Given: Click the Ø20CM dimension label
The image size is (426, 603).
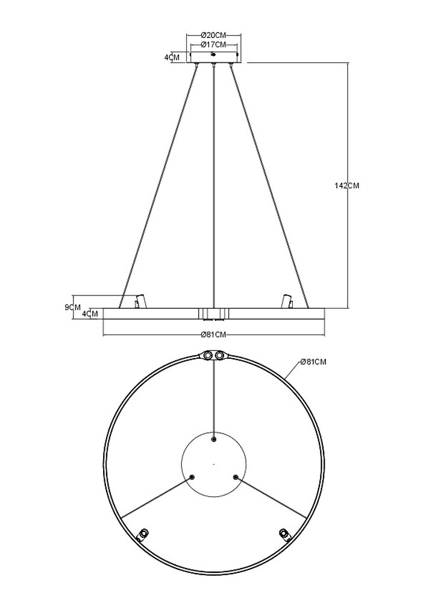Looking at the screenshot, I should (213, 35).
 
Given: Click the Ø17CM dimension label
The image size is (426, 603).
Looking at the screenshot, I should (213, 45).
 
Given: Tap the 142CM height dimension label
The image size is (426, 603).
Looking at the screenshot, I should (346, 186).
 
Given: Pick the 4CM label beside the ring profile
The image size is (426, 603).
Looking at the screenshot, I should (90, 314).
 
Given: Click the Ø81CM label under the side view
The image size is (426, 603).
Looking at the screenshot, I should (213, 334).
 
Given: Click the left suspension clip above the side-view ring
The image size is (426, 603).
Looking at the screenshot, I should (140, 301).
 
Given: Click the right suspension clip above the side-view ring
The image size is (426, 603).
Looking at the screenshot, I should (287, 301).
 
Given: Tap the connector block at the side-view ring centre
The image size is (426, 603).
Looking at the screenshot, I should (213, 313).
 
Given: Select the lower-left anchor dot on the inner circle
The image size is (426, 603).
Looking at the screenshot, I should (192, 477).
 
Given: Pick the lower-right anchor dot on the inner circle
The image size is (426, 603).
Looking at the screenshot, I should (236, 477).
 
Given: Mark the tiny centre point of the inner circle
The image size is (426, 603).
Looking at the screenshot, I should (214, 464).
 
